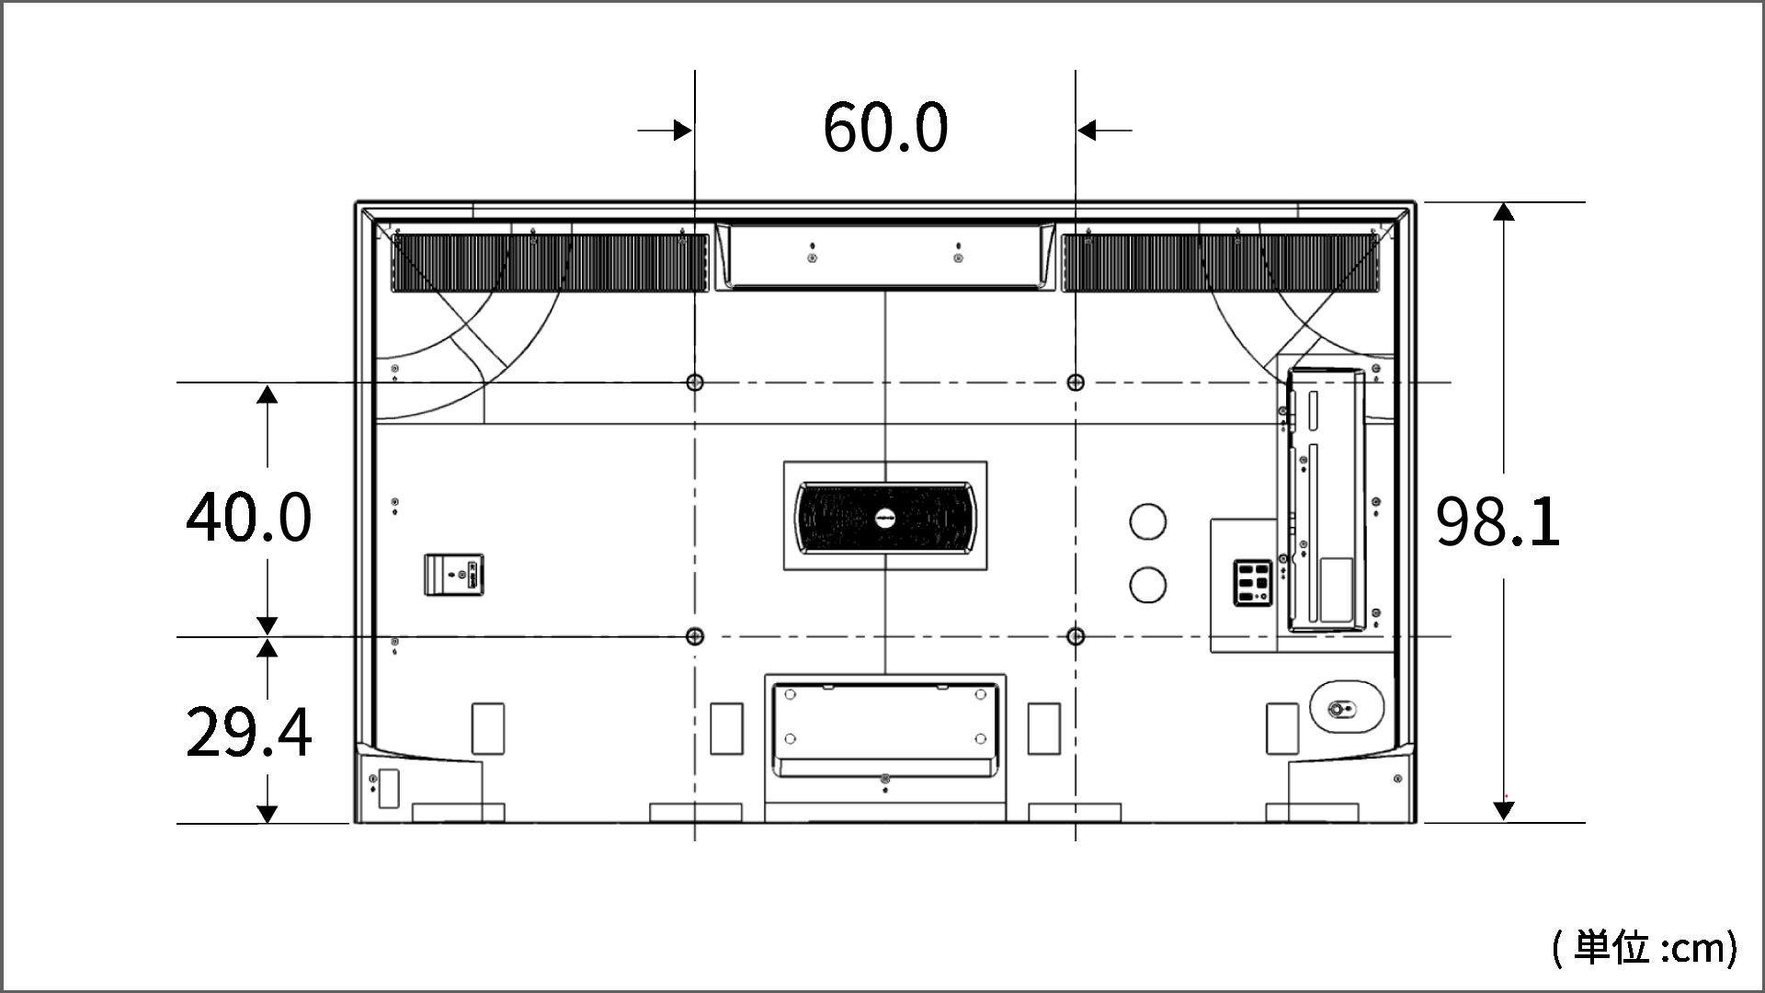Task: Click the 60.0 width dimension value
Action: [x=885, y=129]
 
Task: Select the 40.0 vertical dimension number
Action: [x=249, y=517]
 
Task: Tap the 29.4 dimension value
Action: [x=249, y=733]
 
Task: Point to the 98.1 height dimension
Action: [x=1498, y=522]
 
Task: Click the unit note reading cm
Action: [x=1645, y=947]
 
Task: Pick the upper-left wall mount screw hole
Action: [x=695, y=382]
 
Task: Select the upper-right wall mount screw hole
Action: [x=1076, y=382]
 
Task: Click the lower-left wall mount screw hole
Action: [x=695, y=636]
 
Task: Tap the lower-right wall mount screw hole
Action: [x=1076, y=636]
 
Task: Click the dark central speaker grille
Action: [x=885, y=518]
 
